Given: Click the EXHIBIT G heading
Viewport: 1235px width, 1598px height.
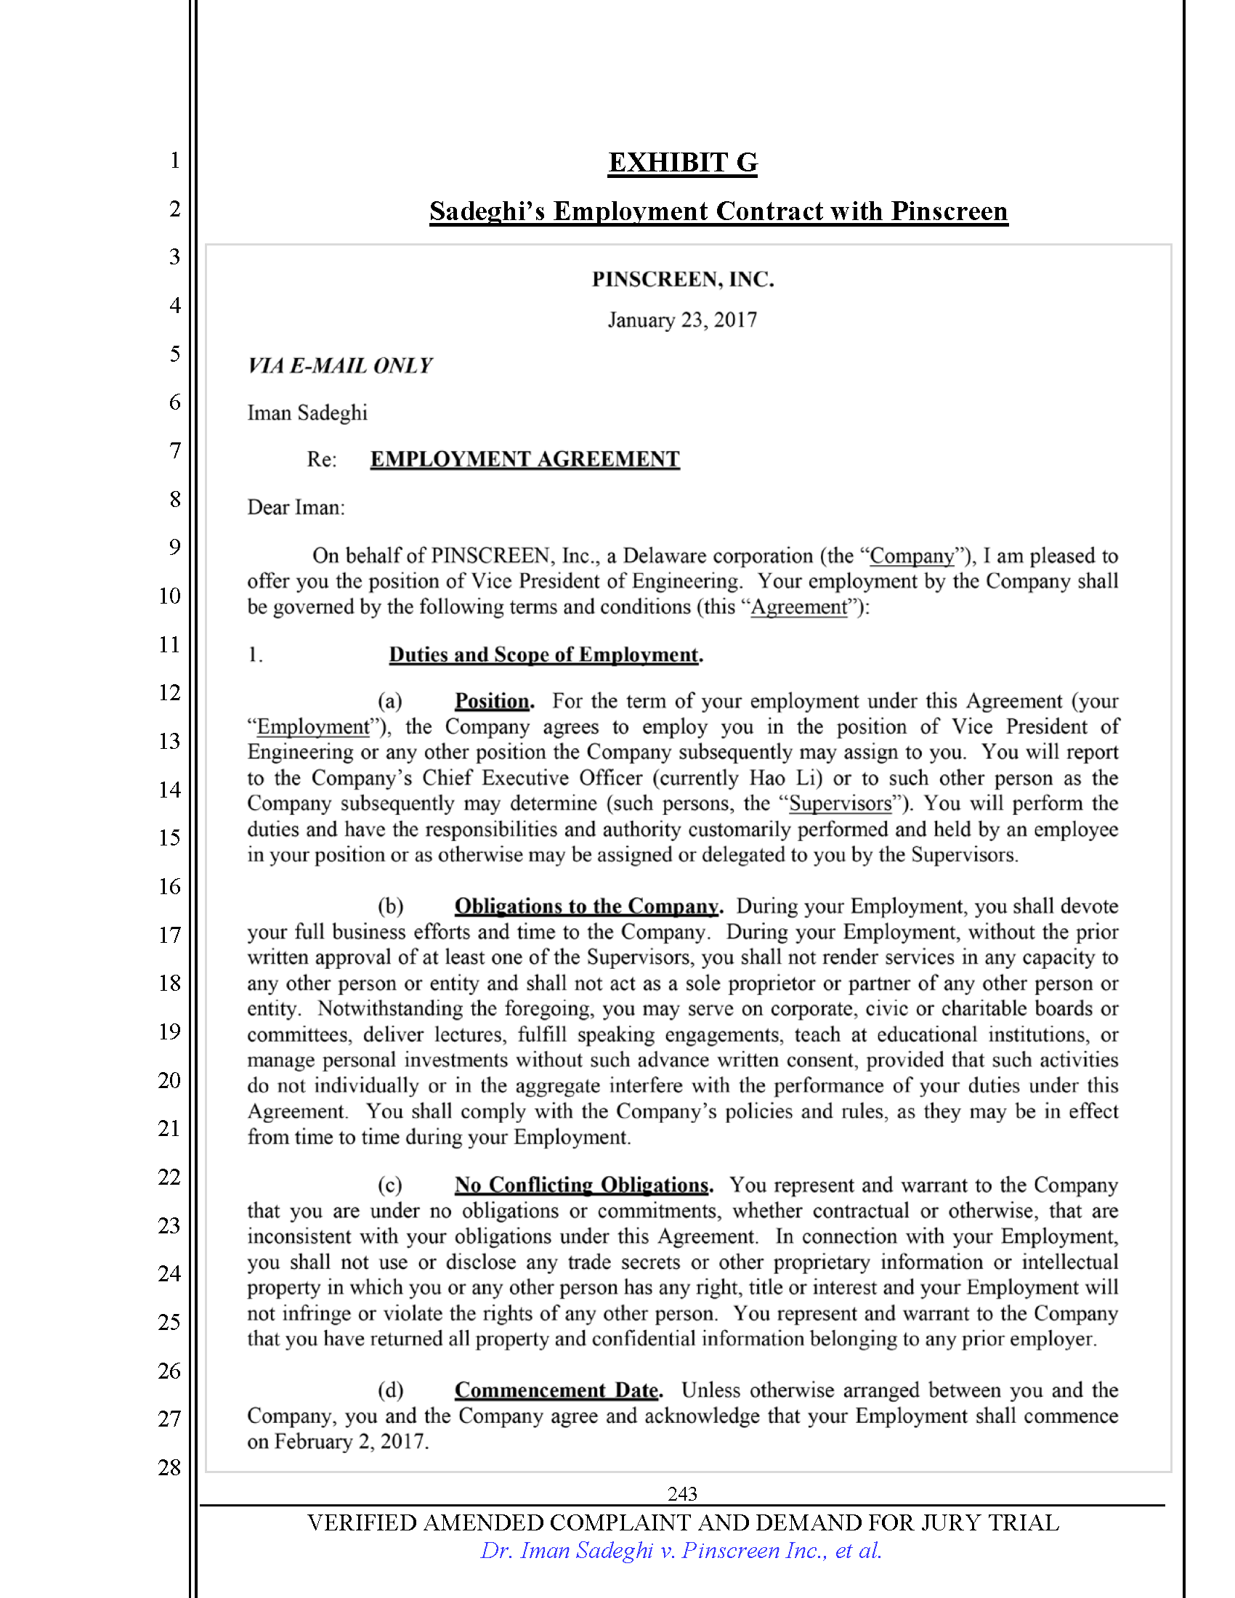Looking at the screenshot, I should point(683,163).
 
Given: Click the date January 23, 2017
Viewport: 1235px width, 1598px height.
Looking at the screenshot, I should point(682,320).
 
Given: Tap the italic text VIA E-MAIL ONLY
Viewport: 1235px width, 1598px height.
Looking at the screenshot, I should point(339,366).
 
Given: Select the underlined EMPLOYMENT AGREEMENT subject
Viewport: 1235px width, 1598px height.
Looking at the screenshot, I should point(525,459).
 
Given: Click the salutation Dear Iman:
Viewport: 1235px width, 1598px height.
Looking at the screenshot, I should point(296,507).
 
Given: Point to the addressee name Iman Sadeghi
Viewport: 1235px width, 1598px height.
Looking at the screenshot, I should point(307,413).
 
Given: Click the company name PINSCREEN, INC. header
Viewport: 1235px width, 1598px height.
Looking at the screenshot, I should point(683,280).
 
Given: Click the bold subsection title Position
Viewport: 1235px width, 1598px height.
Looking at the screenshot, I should point(493,701).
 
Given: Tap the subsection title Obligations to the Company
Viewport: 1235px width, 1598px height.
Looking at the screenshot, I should point(587,906).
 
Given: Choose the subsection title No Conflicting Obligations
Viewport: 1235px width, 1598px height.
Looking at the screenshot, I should point(583,1185).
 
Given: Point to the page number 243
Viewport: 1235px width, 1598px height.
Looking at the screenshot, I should point(682,1493).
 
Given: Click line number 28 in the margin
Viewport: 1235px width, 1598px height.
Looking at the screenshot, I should point(169,1467).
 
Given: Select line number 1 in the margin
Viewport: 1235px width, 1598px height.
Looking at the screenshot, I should point(175,161).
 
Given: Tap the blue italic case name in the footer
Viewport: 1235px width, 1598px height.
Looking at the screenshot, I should point(681,1551).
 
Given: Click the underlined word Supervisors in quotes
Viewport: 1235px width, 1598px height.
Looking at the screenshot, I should point(840,803).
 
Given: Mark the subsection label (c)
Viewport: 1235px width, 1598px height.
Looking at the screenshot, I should point(390,1185).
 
